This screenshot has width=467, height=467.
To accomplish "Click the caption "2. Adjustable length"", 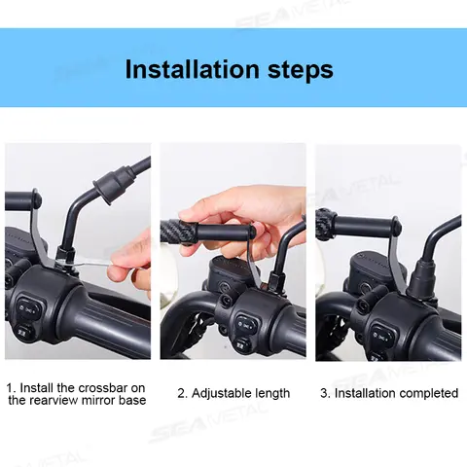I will click(233, 393).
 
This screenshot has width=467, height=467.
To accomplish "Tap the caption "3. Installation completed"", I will click(389, 393).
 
